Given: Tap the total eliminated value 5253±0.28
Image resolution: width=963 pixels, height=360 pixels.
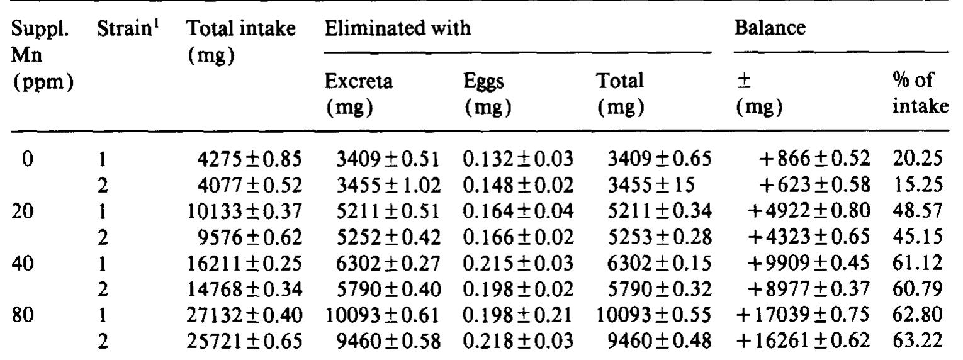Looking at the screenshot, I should click(653, 232).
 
